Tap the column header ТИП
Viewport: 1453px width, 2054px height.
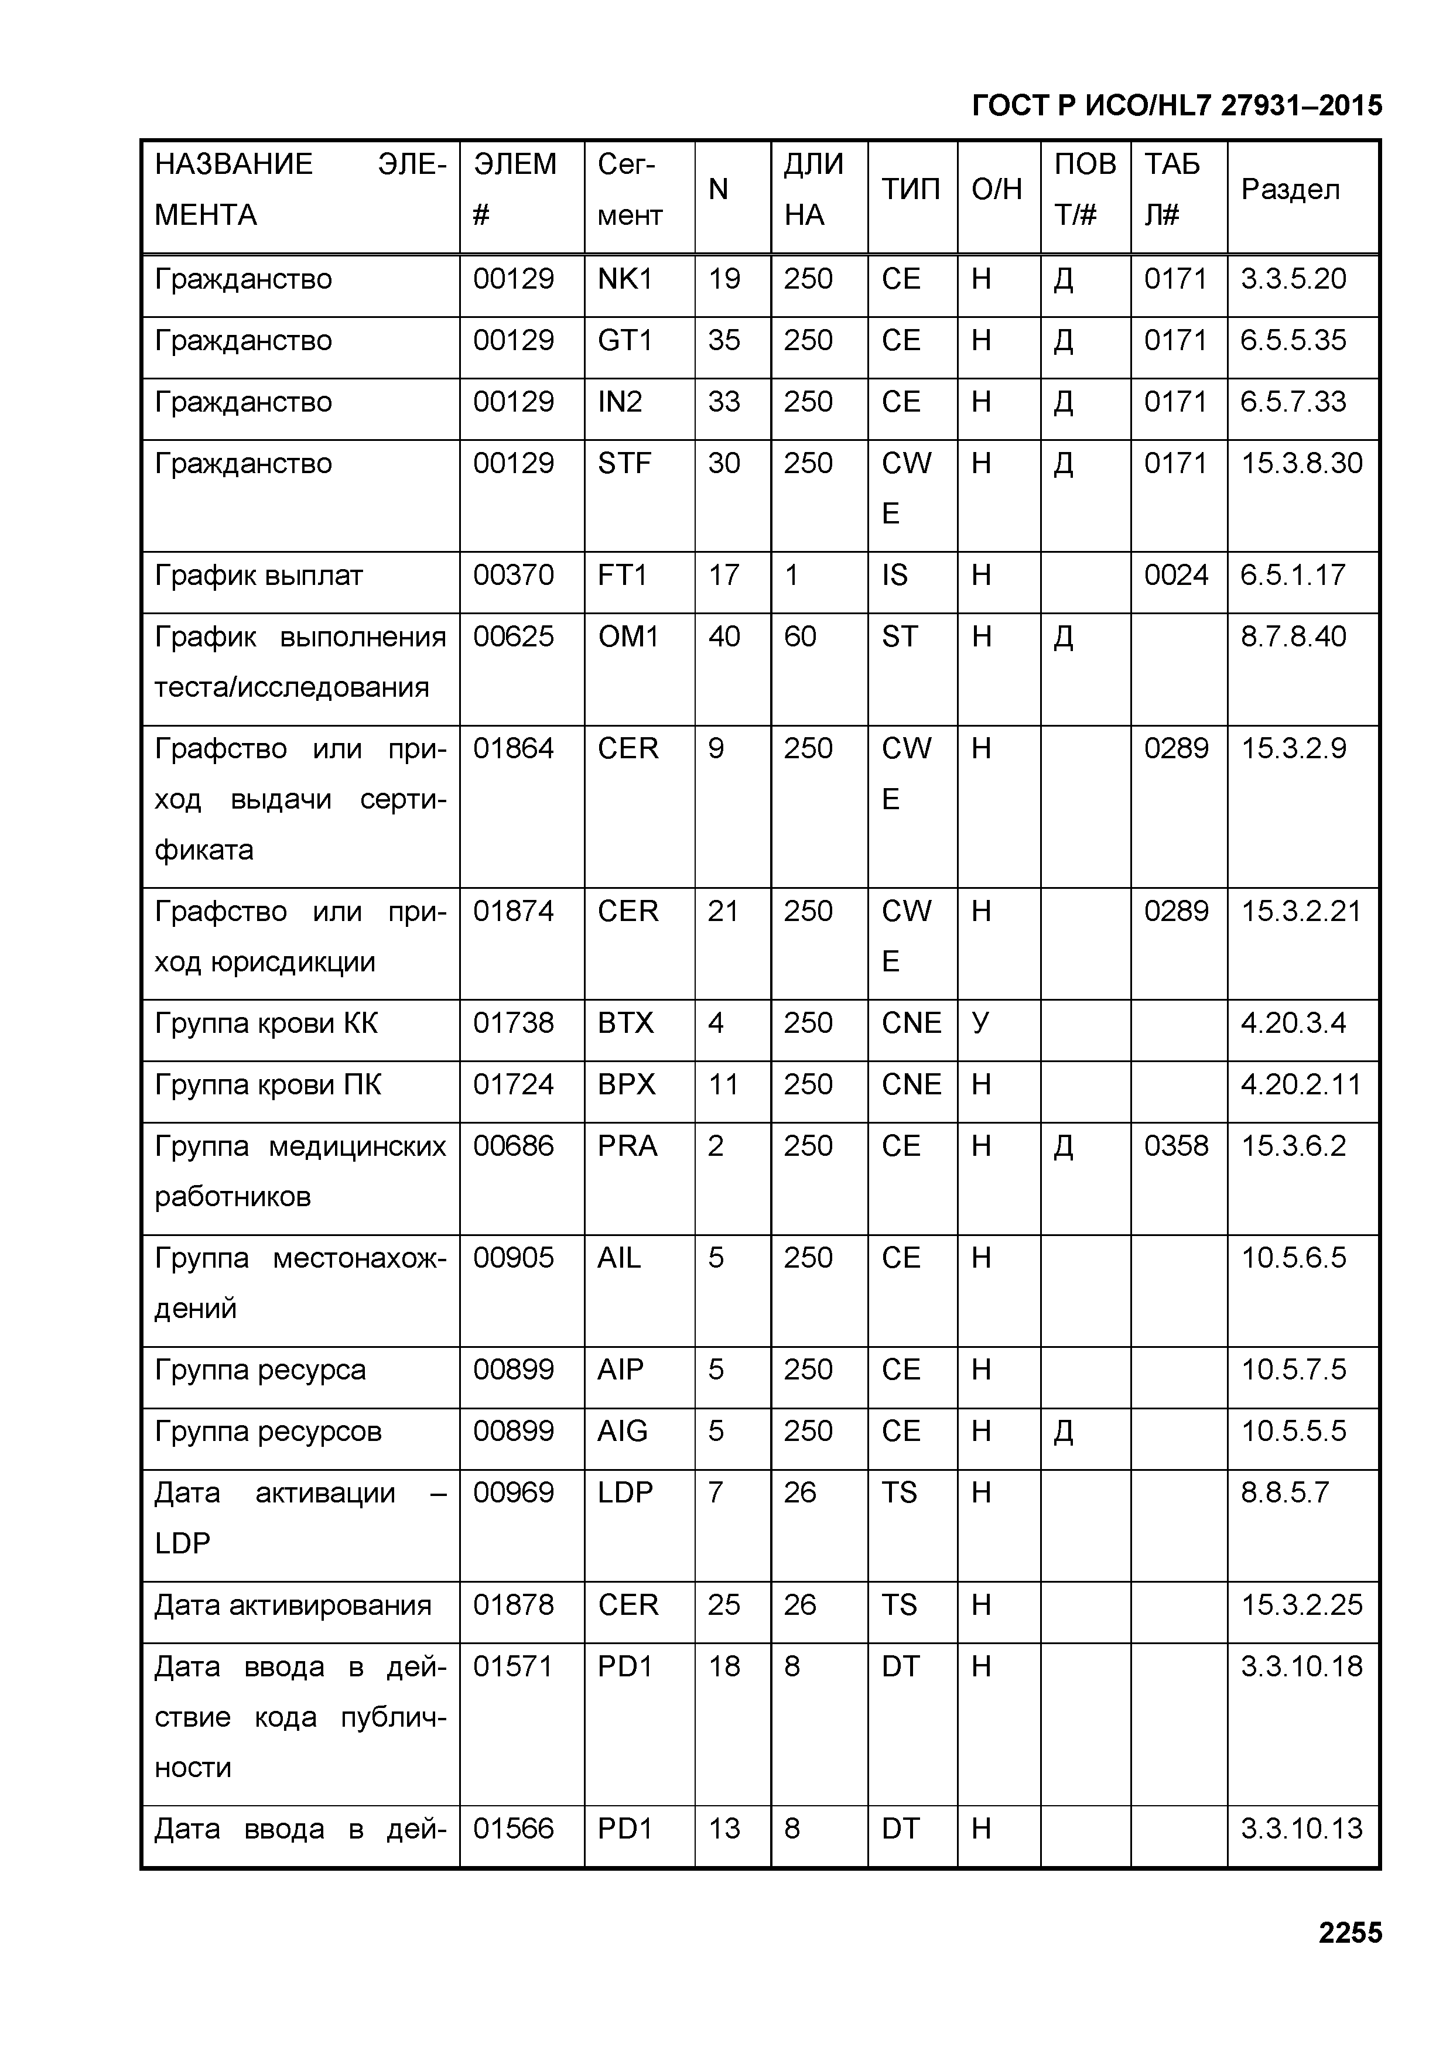[910, 190]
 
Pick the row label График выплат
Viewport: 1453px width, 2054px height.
[259, 574]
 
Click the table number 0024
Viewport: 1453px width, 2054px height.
[1175, 574]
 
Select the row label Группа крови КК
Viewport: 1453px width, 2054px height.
[266, 1022]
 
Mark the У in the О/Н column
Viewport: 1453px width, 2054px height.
[980, 1022]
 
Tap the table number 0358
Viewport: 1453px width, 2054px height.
[1175, 1146]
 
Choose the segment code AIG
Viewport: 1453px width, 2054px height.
[622, 1432]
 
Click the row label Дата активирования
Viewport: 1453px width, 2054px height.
[293, 1605]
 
